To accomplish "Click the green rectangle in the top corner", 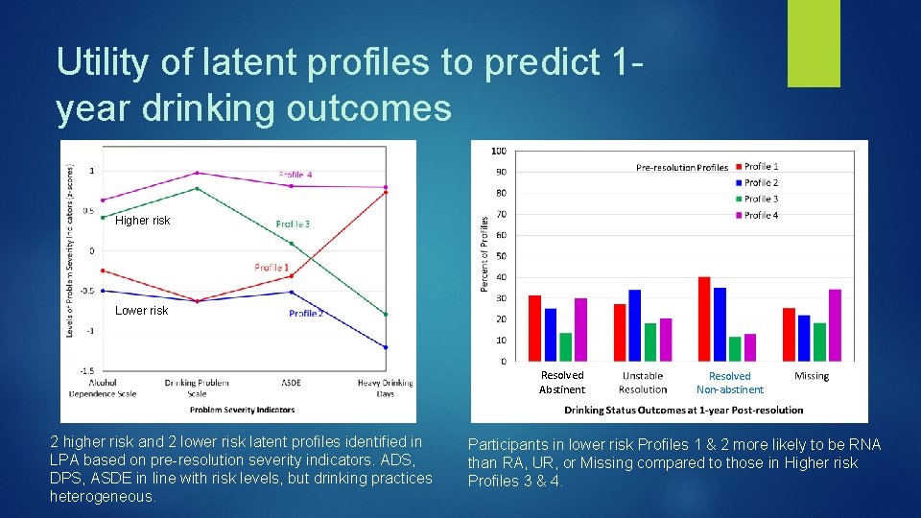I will tap(814, 43).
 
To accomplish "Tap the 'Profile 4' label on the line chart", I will tap(295, 175).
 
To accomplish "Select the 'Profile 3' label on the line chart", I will tap(293, 224).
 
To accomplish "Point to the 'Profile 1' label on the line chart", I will tap(272, 267).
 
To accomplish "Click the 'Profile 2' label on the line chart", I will tap(306, 314).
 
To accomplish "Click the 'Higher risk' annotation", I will tap(142, 221).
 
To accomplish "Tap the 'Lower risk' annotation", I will tap(141, 311).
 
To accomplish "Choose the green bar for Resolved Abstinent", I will tap(565, 346).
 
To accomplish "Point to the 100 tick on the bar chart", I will tap(499, 151).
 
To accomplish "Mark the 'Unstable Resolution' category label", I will tap(643, 383).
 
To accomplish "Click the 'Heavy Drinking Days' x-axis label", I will tap(386, 388).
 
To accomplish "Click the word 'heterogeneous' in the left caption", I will tap(101, 497).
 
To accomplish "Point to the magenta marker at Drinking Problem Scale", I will tap(197, 173).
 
